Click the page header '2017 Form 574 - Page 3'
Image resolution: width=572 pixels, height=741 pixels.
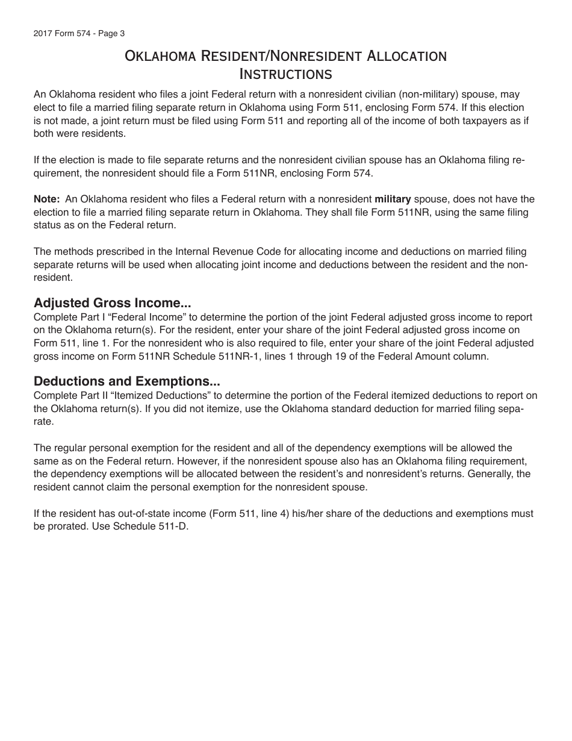(x=79, y=34)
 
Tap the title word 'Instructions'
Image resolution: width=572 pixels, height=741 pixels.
(x=286, y=74)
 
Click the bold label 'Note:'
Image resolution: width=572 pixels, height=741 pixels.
(x=46, y=199)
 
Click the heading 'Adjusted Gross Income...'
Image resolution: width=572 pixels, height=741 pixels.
(x=112, y=303)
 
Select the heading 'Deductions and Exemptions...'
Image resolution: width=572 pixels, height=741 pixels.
(x=126, y=381)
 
